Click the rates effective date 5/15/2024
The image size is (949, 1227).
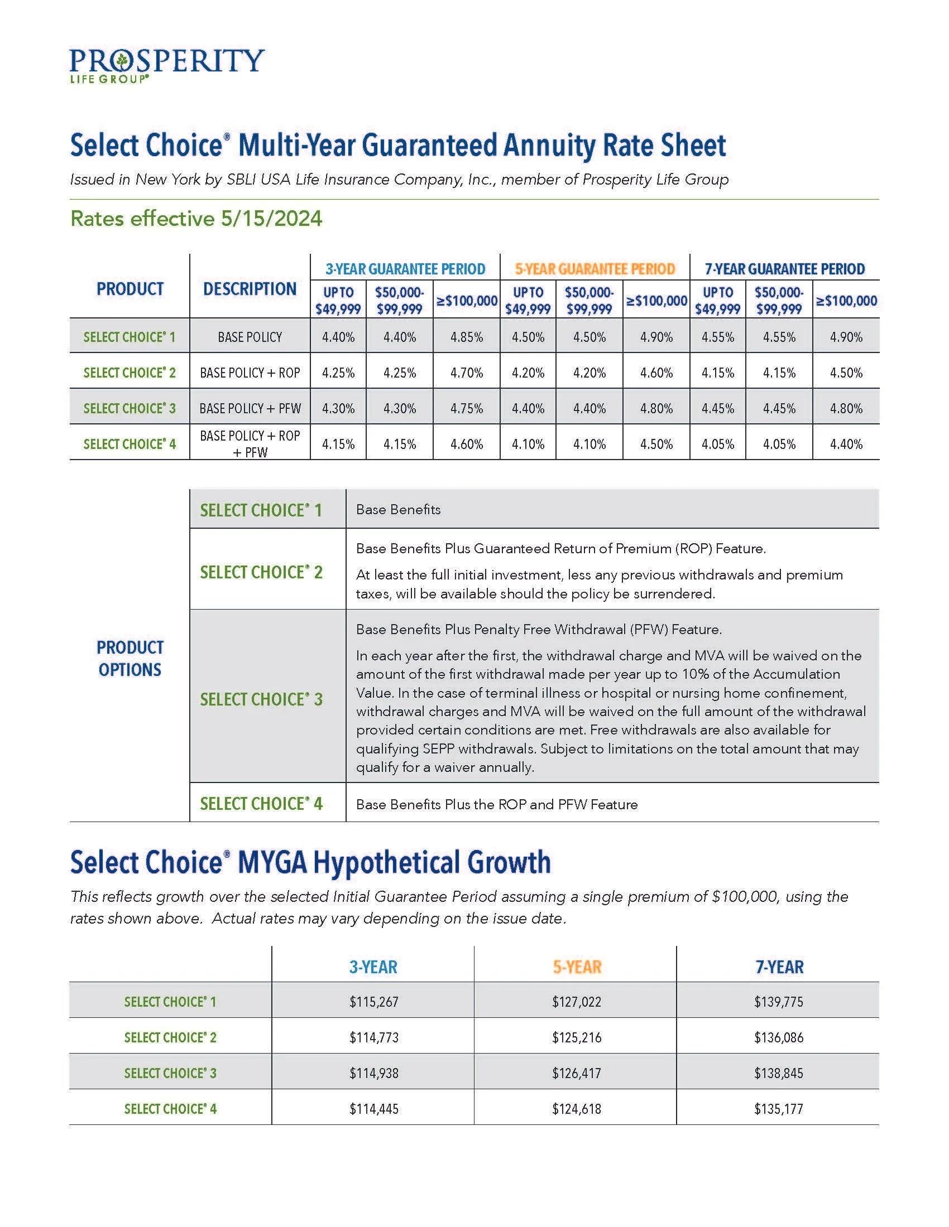tap(271, 219)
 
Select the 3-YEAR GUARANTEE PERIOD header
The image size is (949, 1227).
tap(405, 269)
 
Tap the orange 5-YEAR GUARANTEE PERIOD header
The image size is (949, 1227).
tap(595, 269)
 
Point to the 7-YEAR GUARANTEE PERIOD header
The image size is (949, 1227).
tap(784, 269)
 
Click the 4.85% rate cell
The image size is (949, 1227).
tap(466, 337)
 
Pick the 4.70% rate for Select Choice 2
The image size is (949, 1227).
tap(466, 373)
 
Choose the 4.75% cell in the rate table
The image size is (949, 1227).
tap(466, 408)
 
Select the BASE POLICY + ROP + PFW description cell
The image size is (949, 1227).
tap(250, 443)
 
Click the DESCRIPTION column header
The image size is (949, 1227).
tap(250, 289)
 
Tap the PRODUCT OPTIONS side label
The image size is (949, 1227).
tap(130, 658)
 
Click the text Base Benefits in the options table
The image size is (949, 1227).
tap(398, 510)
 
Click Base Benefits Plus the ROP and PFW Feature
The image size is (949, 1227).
tap(496, 804)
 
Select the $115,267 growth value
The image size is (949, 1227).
tap(373, 1002)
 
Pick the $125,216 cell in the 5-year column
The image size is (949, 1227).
tap(576, 1037)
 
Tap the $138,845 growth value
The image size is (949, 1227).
tap(779, 1073)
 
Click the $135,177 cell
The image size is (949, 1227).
tap(779, 1109)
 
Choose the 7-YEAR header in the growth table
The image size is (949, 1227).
tap(779, 967)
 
